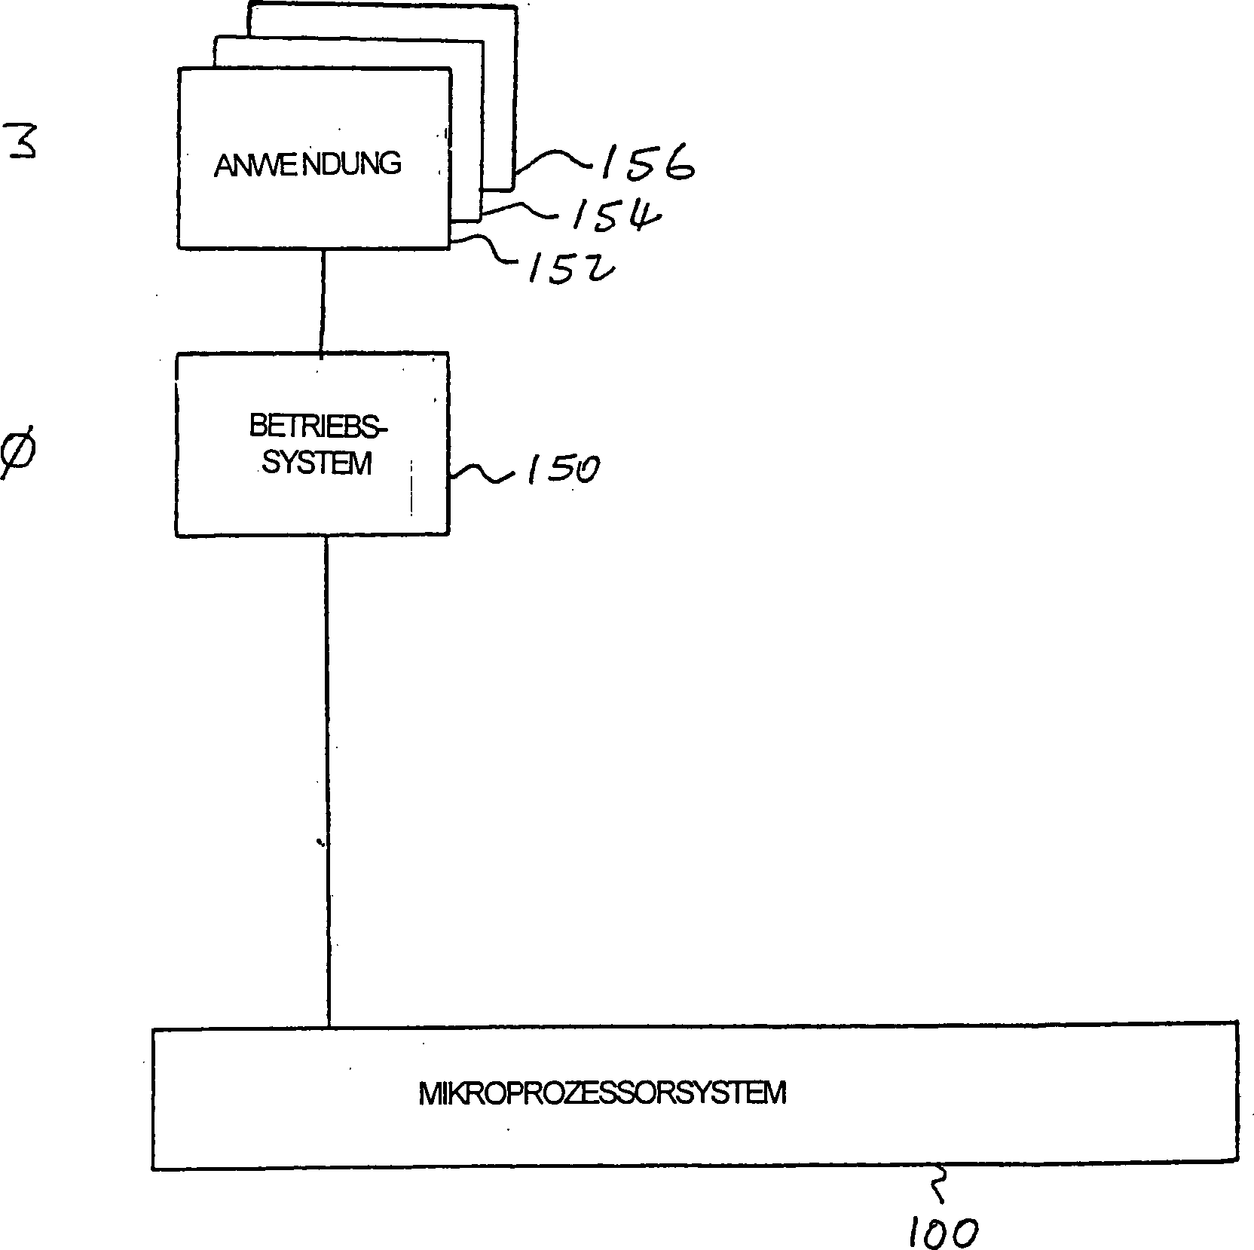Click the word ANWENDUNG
pyautogui.click(x=307, y=164)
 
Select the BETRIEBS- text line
pyautogui.click(x=317, y=427)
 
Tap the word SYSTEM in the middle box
pyautogui.click(x=317, y=463)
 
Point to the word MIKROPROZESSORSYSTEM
pyautogui.click(x=602, y=1093)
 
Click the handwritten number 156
pyautogui.click(x=646, y=163)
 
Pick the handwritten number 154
pyautogui.click(x=615, y=215)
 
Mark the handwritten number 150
pyautogui.click(x=562, y=469)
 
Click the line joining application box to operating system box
pyautogui.click(x=323, y=301)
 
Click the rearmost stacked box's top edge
pyautogui.click(x=384, y=7)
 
